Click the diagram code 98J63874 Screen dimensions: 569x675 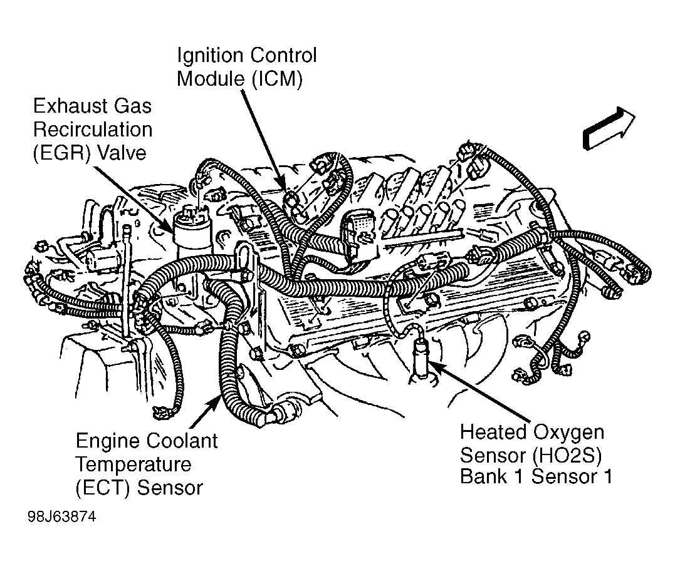62,519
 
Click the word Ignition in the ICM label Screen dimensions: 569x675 209,56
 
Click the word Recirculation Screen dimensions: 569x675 92,130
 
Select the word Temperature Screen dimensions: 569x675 133,464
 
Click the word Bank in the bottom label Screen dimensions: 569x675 482,477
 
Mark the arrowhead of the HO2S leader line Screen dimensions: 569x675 432,364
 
